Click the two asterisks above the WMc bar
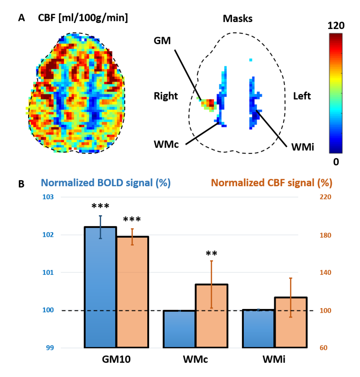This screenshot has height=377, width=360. coord(211,254)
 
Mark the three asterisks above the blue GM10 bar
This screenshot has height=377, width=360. coord(100,207)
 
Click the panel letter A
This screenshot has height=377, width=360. coord(21,18)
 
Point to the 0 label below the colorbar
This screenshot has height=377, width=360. coord(336,162)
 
